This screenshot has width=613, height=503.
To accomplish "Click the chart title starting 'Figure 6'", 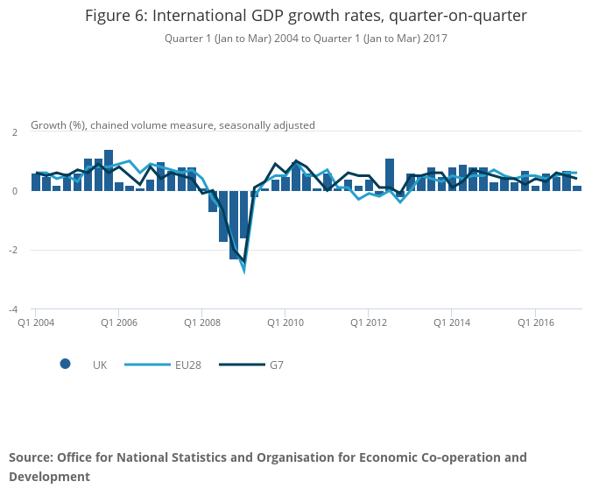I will coord(306,17).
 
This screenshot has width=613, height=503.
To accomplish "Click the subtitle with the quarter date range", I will coord(306,38).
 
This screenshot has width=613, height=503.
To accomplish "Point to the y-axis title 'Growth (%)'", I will coord(173,125).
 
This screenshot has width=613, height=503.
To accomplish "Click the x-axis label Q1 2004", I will coord(37,322).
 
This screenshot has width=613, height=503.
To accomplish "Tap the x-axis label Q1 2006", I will coord(119,322).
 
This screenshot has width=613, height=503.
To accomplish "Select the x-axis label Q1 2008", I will coord(202,322).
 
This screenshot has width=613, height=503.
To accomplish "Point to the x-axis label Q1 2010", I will coord(285,322).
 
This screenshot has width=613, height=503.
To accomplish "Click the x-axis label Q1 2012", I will coord(369,322).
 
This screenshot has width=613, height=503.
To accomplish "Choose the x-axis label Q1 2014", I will coord(452,322).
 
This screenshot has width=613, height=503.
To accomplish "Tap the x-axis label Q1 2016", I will coord(535,322).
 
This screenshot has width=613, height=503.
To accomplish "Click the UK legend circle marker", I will coord(66,365).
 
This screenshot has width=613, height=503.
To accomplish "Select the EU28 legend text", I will coord(188,365).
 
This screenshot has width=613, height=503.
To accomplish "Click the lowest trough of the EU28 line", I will coord(244,271).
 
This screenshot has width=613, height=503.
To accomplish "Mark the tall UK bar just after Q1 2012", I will coord(390,174).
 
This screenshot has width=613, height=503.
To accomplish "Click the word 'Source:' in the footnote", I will coord(31,457).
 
